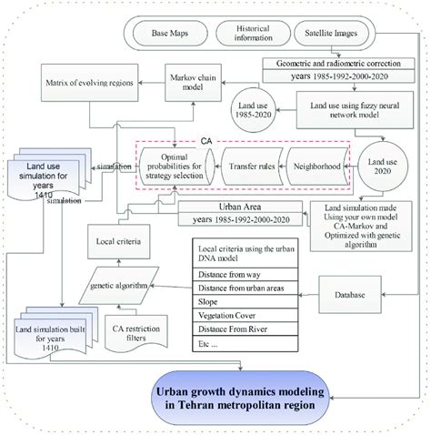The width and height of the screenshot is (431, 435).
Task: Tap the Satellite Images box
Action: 334,36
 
